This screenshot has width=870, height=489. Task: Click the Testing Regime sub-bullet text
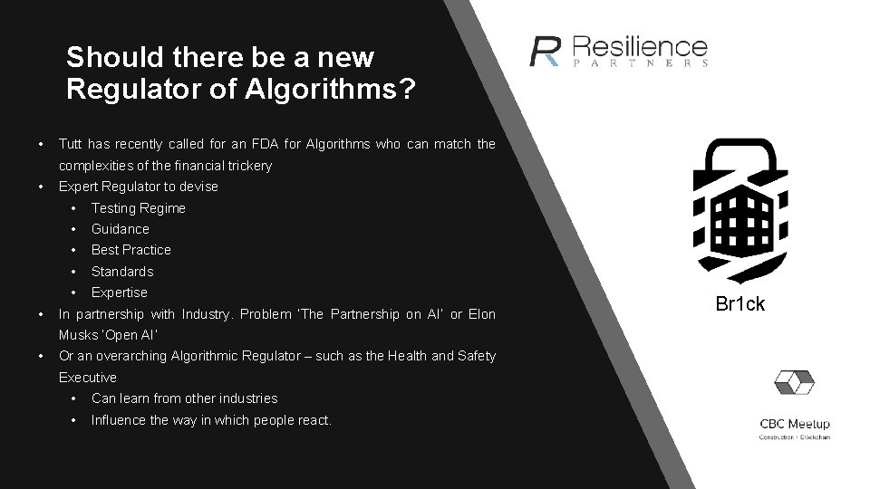click(x=138, y=208)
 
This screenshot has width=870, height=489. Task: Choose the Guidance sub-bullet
click(x=120, y=229)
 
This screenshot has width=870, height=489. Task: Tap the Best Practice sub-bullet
click(x=130, y=250)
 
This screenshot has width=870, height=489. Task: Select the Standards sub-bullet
click(x=122, y=272)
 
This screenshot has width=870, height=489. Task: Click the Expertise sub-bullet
click(x=119, y=292)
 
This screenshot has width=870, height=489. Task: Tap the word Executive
click(x=87, y=377)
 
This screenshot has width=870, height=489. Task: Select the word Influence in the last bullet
click(x=119, y=420)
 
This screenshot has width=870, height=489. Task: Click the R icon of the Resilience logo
click(x=546, y=51)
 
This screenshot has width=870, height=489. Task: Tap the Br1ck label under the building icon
click(x=740, y=304)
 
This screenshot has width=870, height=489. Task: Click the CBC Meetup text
click(x=795, y=425)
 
